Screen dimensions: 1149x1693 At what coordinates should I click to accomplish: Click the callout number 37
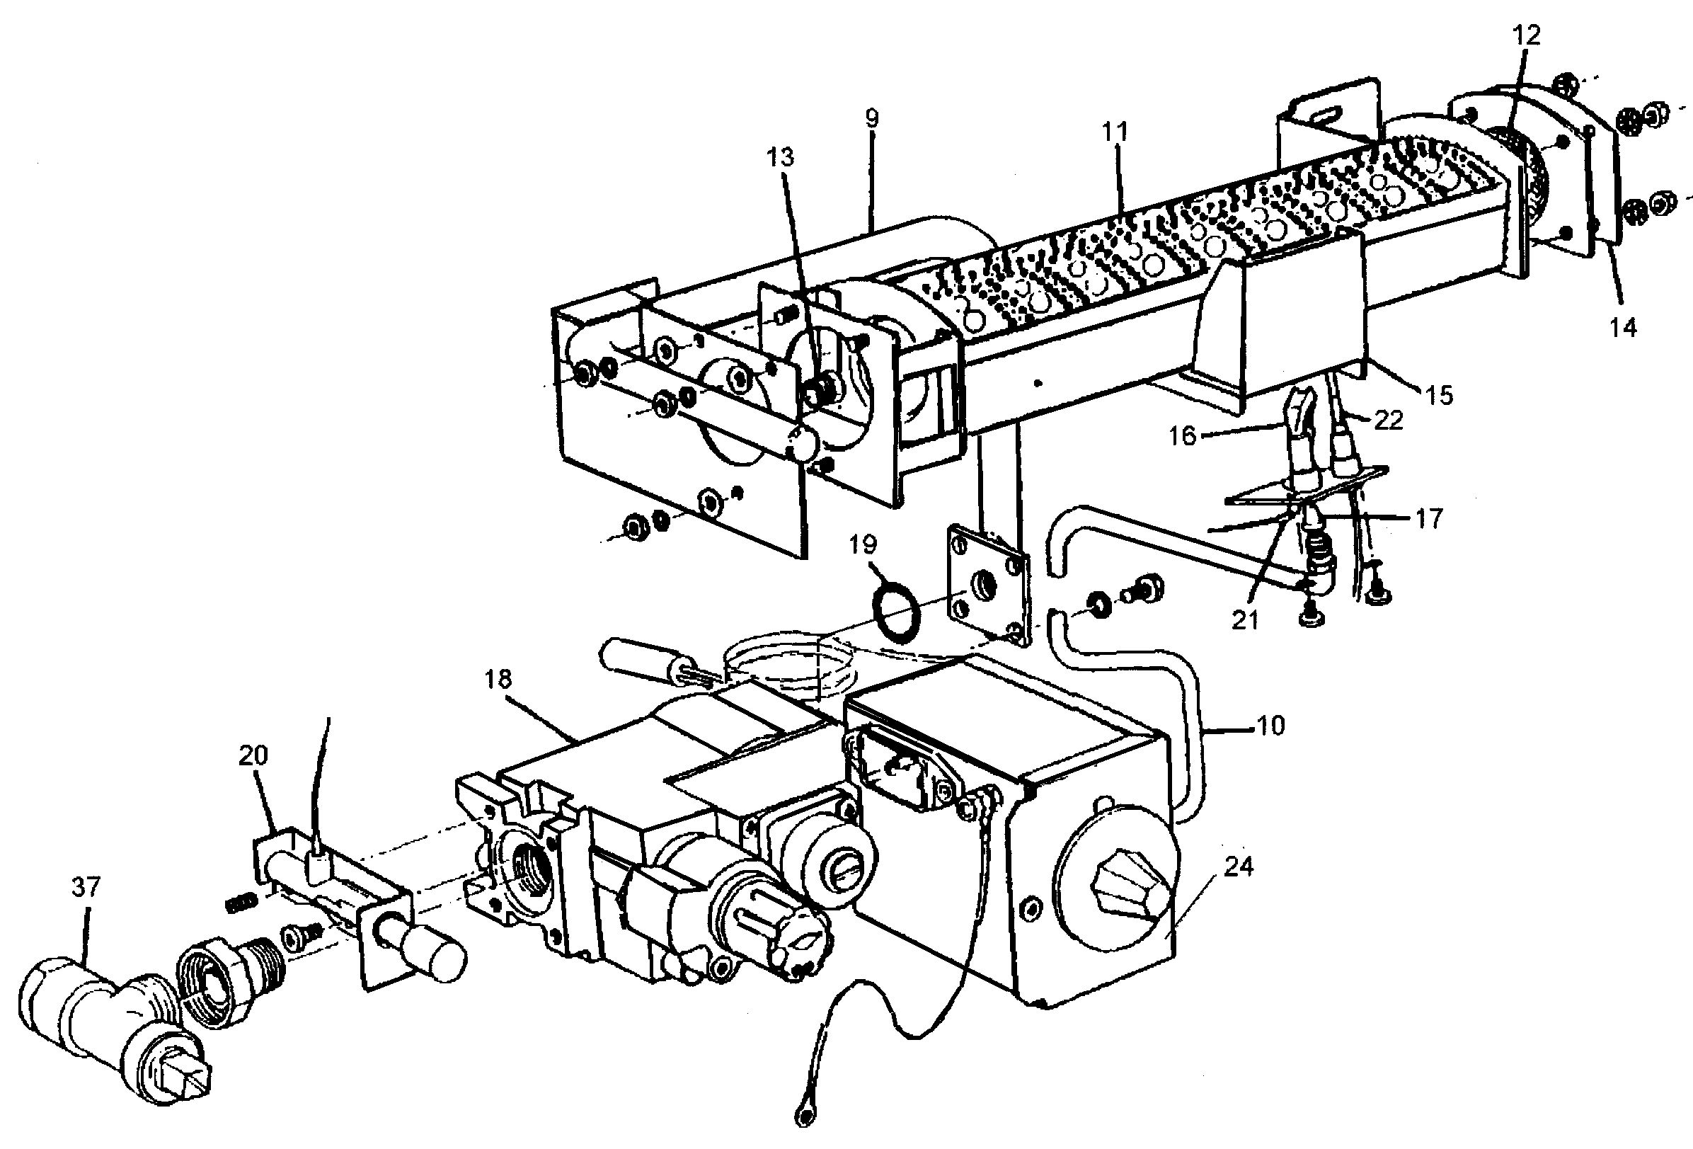pos(86,886)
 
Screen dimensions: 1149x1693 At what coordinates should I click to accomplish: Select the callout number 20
pos(253,755)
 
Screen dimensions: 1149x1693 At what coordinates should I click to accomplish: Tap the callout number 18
pos(499,679)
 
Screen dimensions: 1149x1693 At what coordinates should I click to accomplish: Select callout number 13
pos(780,157)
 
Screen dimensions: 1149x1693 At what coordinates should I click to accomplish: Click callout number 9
pos(872,118)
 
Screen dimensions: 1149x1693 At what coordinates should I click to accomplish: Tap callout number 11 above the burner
pos(1115,132)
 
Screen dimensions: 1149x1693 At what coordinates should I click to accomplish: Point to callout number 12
pos(1526,35)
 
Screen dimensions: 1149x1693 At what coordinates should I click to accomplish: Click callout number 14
pos(1622,327)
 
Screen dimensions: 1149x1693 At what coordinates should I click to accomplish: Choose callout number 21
pos(1244,620)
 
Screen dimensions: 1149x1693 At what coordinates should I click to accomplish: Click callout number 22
pos(1387,420)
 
